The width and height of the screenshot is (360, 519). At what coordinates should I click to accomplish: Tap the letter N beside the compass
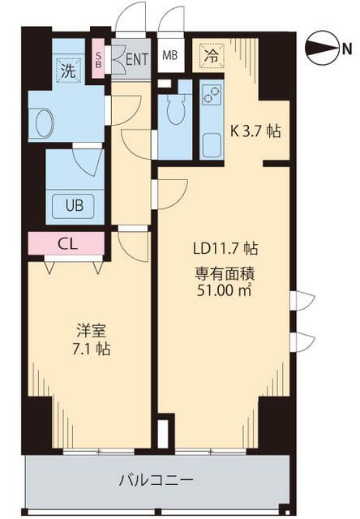(346, 50)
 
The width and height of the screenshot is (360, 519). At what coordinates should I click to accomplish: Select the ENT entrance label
(136, 58)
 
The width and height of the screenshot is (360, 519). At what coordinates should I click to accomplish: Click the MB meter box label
(170, 55)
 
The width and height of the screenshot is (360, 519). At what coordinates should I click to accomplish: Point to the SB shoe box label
(99, 58)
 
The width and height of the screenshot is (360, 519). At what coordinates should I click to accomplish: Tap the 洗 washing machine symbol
(67, 71)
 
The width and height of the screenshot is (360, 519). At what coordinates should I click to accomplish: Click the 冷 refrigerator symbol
(211, 57)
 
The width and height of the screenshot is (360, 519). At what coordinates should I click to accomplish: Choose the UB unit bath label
(74, 204)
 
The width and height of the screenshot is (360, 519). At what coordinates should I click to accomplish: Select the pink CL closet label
(67, 243)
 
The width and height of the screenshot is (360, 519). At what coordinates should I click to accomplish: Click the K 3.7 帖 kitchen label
(255, 131)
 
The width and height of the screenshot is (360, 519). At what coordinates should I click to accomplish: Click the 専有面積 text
(224, 272)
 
